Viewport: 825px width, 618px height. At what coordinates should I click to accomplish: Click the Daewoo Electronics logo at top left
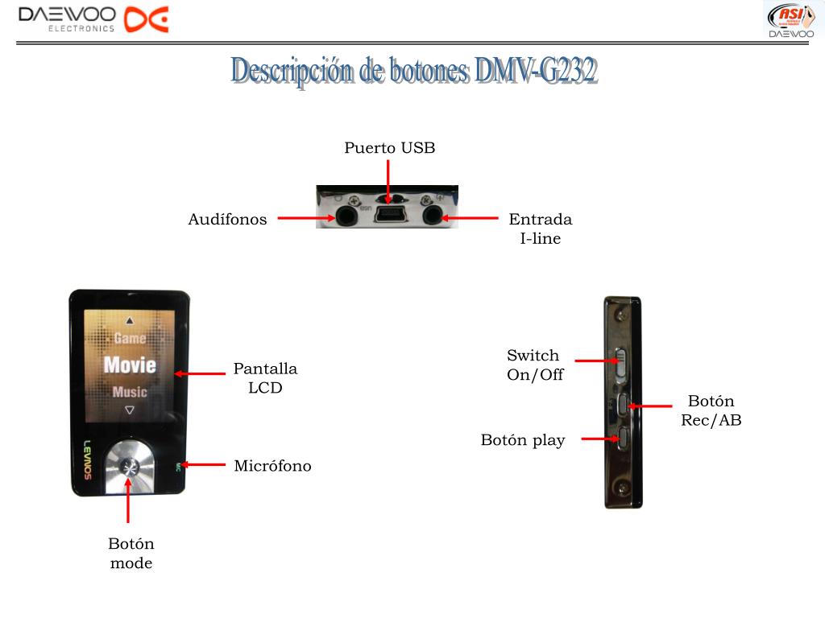93,19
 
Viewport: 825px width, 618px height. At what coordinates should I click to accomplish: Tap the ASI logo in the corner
790,19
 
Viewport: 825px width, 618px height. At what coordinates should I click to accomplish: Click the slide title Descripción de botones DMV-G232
413,72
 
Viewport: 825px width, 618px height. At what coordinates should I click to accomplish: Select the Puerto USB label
389,148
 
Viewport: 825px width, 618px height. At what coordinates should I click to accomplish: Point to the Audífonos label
227,220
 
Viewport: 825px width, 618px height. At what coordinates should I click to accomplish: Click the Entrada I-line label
540,229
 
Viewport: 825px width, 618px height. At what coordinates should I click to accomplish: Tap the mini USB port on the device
389,215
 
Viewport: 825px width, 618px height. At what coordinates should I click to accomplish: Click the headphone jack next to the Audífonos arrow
347,216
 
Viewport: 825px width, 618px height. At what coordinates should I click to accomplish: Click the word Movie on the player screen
130,365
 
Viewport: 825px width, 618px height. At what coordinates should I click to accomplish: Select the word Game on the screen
130,338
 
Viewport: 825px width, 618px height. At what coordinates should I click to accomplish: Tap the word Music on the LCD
130,393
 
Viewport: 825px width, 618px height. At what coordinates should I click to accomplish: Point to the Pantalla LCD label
265,378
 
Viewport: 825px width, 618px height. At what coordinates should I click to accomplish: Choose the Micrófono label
272,466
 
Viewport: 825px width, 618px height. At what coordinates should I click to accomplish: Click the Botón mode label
131,554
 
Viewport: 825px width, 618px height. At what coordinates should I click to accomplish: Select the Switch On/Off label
534,365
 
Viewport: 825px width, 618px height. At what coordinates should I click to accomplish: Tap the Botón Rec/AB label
711,410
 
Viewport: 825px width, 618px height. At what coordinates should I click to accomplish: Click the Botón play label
523,440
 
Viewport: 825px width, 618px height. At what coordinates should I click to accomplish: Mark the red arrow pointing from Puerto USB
388,179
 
